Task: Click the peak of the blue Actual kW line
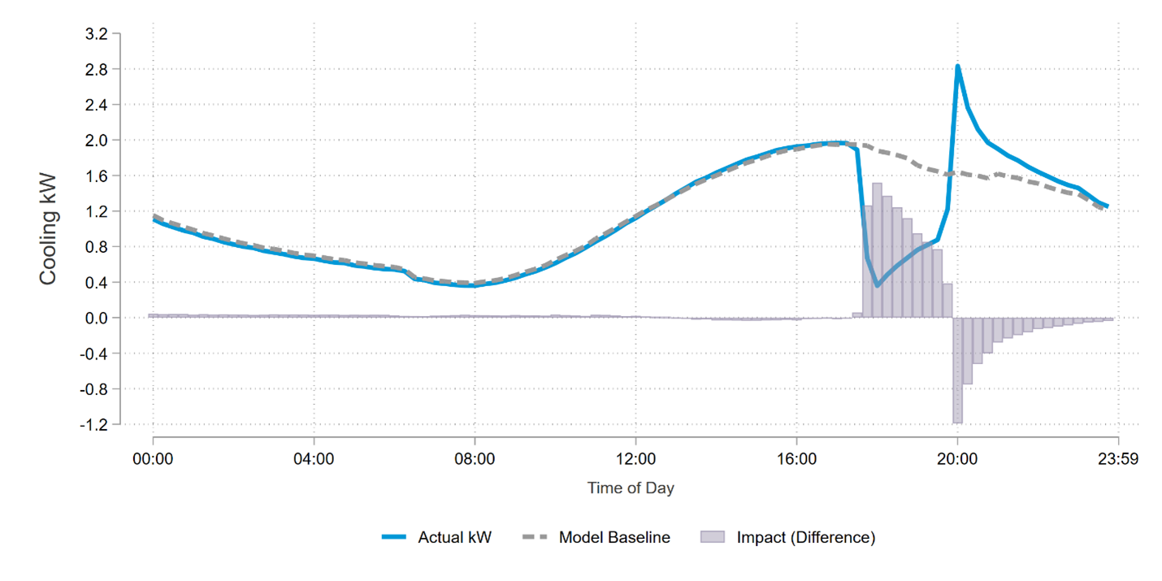click(958, 66)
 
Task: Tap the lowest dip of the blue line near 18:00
click(877, 285)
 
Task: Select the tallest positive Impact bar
click(877, 249)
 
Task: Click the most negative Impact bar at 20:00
click(958, 370)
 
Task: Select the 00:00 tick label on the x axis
click(153, 459)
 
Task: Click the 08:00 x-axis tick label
click(475, 459)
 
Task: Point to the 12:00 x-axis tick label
click(635, 459)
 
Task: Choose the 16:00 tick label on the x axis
click(796, 459)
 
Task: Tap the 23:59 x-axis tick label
click(1118, 459)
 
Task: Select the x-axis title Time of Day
click(631, 488)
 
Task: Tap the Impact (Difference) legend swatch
click(713, 537)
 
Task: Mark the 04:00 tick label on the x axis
click(314, 459)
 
